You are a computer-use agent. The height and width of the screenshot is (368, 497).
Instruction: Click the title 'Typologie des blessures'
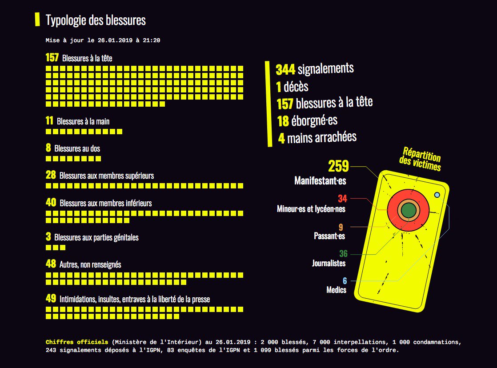tap(96, 20)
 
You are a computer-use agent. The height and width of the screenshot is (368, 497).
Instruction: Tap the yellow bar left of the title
tap(37, 20)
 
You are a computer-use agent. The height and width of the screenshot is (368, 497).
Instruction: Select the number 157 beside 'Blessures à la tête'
tap(52, 58)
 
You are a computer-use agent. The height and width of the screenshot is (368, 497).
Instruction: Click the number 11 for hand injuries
tap(49, 121)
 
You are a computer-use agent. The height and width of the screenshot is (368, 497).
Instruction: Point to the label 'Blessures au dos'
tap(77, 148)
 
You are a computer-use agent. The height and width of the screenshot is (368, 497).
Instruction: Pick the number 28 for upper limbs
tap(51, 175)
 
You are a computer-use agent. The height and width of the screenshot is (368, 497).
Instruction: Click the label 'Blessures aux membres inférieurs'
tap(105, 203)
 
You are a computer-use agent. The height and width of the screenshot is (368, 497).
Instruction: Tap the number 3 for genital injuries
tap(48, 237)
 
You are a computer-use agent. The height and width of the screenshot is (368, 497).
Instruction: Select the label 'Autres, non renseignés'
tap(90, 264)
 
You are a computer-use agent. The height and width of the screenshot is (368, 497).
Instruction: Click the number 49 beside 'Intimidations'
tap(51, 299)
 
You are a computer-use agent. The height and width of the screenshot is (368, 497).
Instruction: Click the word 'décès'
tap(296, 87)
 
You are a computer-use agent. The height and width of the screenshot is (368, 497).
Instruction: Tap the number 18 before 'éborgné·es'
tap(283, 121)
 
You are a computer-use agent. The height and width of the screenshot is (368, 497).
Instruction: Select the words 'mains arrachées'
tap(322, 137)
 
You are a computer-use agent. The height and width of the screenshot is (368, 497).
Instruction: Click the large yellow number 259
tap(338, 166)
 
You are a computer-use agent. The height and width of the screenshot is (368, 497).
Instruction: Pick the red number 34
tap(342, 198)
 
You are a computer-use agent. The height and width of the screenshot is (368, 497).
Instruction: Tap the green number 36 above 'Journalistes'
tap(343, 254)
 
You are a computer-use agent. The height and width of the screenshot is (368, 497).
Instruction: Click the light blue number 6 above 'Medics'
tap(345, 281)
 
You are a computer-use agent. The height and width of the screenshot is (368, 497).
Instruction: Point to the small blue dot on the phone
tap(437, 195)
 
